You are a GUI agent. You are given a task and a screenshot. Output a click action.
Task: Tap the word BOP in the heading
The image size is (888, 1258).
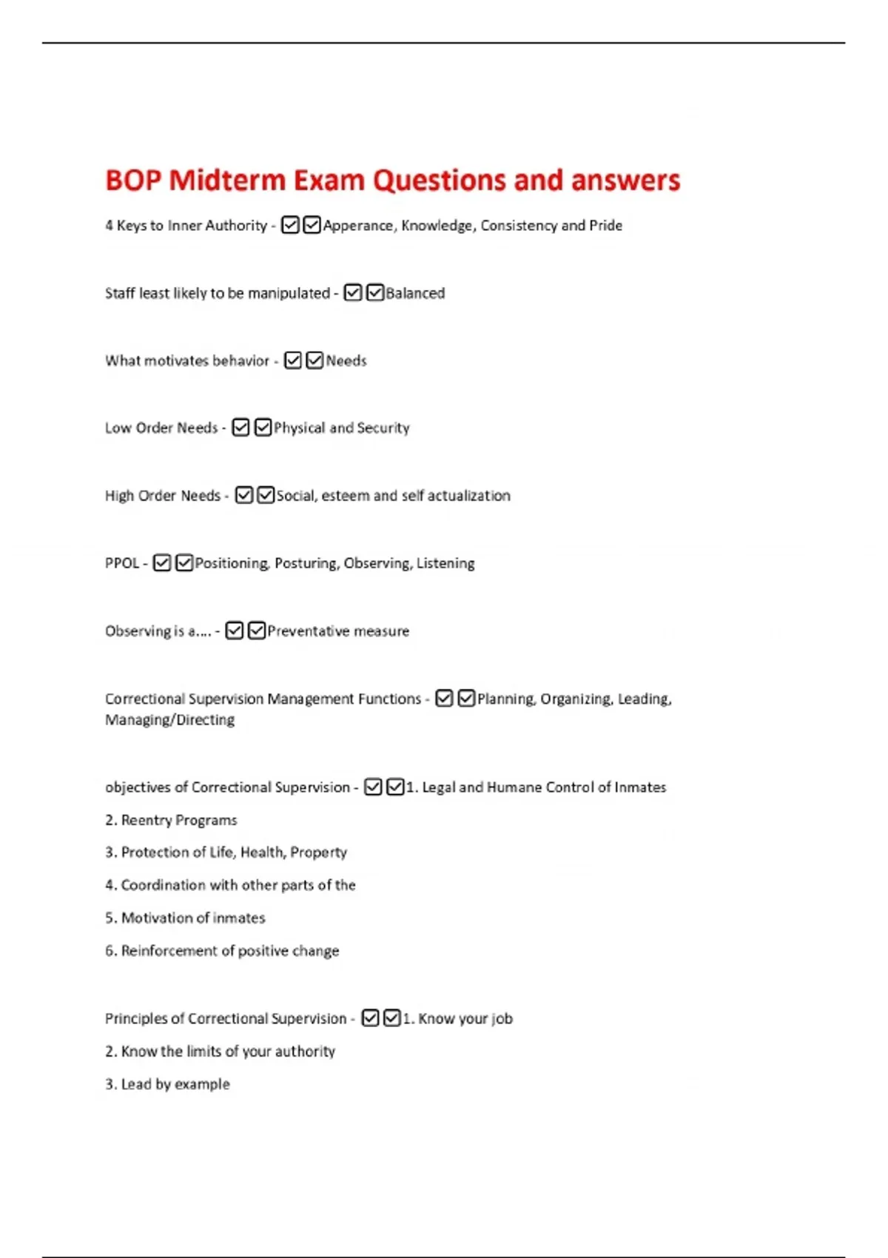[133, 181]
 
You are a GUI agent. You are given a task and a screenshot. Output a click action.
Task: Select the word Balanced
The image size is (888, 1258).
[415, 293]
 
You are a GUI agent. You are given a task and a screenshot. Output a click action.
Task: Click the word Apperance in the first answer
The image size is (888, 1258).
[358, 226]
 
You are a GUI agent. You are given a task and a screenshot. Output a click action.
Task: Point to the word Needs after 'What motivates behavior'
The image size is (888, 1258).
[346, 361]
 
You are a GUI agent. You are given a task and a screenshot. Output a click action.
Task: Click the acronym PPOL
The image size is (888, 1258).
[122, 563]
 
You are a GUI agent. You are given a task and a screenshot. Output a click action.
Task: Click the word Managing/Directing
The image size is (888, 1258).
[169, 720]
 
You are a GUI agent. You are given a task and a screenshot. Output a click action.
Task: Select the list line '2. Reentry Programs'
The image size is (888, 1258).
[171, 820]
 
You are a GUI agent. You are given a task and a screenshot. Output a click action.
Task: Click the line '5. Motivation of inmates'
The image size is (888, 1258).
[185, 918]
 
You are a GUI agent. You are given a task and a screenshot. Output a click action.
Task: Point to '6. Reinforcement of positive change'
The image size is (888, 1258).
[222, 951]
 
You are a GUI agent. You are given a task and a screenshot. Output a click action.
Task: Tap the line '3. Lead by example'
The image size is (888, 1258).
[167, 1084]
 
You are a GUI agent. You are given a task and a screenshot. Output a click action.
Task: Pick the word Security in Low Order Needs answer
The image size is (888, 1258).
[383, 428]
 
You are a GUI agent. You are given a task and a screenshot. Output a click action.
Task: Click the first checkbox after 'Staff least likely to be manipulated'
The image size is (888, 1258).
[353, 293]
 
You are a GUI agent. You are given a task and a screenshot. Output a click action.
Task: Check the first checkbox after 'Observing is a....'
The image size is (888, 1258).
[234, 630]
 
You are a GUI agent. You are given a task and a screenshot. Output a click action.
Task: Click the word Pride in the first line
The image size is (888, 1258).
[605, 226]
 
